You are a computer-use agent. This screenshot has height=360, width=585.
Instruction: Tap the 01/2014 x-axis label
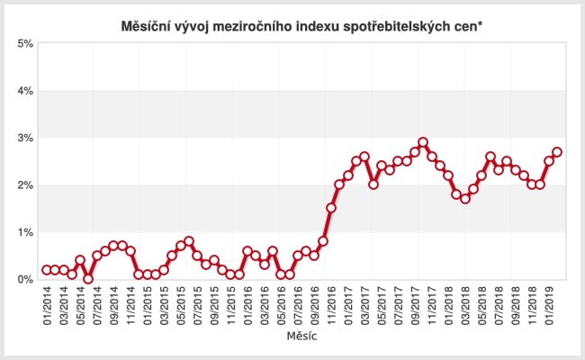tap(47, 307)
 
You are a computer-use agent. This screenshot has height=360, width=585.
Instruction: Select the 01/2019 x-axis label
tap(548, 307)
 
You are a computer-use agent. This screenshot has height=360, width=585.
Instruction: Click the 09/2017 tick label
tap(415, 307)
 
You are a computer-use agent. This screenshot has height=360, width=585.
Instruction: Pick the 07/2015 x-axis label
tap(197, 307)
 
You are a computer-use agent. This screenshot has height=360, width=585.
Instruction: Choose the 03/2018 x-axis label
tap(464, 307)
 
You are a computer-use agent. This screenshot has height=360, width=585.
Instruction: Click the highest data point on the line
tap(423, 142)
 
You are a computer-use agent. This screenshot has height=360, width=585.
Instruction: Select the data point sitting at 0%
tap(88, 279)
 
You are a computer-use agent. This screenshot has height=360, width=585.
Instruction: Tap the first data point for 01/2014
tap(47, 270)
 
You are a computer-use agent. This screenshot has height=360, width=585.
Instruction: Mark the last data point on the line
tap(557, 152)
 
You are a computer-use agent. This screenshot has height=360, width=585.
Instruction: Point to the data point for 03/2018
tap(464, 199)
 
